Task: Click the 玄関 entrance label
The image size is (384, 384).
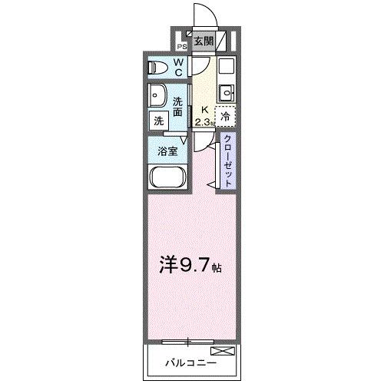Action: (204, 42)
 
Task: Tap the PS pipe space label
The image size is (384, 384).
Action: (182, 46)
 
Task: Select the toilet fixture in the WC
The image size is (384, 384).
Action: (157, 68)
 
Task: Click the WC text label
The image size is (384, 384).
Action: (177, 68)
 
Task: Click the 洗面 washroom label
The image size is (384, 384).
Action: (178, 107)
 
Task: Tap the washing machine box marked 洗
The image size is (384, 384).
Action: (158, 121)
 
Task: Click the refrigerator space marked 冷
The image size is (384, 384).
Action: (226, 117)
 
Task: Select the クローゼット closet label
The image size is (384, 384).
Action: (228, 159)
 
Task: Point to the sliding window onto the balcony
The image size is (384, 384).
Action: (187, 339)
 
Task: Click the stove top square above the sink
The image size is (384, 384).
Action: (226, 67)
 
